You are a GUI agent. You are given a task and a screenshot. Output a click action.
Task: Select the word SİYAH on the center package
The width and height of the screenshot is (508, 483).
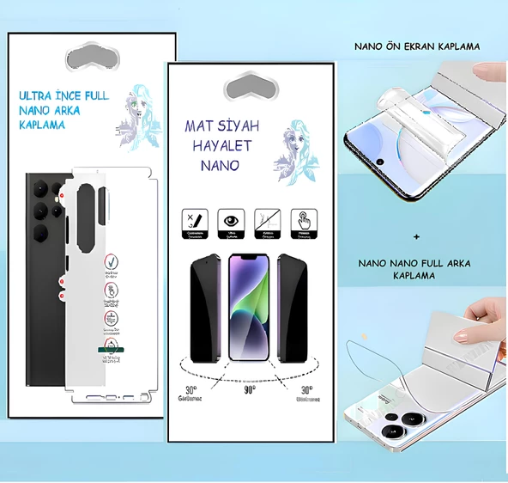(237, 126)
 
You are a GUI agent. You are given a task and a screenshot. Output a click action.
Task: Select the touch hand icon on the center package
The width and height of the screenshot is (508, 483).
(301, 218)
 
